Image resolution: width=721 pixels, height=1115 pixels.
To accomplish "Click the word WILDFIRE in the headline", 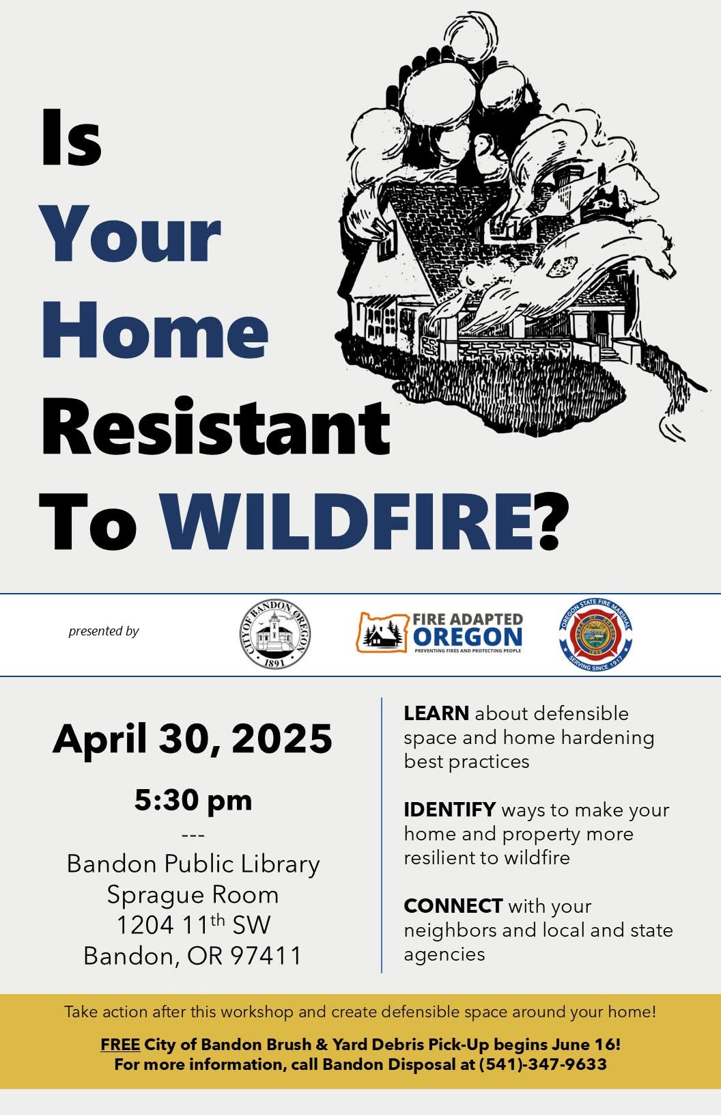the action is coord(348,522).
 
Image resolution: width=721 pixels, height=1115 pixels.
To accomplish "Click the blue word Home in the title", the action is coord(155,329).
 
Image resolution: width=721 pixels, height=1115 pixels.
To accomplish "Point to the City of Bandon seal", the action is coord(274,633).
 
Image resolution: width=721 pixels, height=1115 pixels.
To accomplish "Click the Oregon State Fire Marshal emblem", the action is coord(595,634).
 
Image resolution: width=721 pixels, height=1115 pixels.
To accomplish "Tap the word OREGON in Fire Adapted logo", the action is coord(467,637).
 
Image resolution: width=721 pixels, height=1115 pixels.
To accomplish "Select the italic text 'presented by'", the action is coord(104,632).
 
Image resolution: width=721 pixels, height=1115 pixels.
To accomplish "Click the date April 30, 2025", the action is coord(192,739).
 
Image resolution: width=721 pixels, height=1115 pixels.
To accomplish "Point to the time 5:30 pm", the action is coord(193,801).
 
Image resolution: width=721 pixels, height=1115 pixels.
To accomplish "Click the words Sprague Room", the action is coord(193,895).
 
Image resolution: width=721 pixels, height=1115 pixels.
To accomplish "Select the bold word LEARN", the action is coord(436,713).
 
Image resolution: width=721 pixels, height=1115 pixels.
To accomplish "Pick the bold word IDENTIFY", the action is coord(449,810).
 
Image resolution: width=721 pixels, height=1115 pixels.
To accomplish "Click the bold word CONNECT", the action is coord(453,906).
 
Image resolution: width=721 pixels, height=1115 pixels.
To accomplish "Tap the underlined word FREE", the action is coord(120,1044).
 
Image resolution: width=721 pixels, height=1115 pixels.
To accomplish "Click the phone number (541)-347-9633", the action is coord(543,1064).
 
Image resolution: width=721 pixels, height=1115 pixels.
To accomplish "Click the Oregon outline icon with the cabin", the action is coord(382,632).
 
